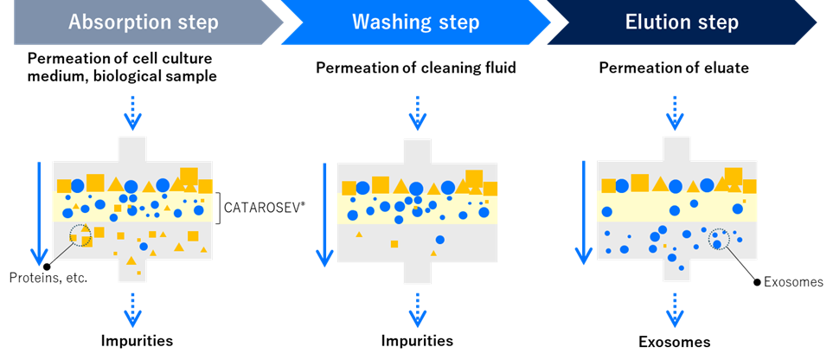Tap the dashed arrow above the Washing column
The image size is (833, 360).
(x=417, y=112)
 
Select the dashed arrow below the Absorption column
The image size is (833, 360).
(x=131, y=310)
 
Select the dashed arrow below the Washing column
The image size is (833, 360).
(x=417, y=310)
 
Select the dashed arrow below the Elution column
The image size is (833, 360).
(x=675, y=310)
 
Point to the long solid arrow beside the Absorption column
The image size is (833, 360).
(x=37, y=212)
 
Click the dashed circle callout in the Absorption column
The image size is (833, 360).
(x=80, y=235)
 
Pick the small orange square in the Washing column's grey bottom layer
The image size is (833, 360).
(x=394, y=244)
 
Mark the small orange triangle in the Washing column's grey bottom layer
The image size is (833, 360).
(x=360, y=234)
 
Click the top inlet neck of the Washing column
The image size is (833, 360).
(x=417, y=150)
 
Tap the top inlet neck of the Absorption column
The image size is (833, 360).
(x=131, y=149)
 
